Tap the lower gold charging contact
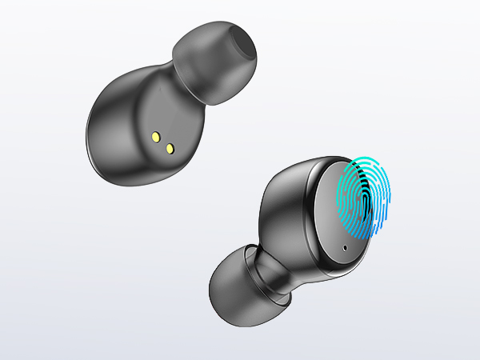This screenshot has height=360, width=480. coord(170,148)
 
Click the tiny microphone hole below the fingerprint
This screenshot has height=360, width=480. coord(346,246)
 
